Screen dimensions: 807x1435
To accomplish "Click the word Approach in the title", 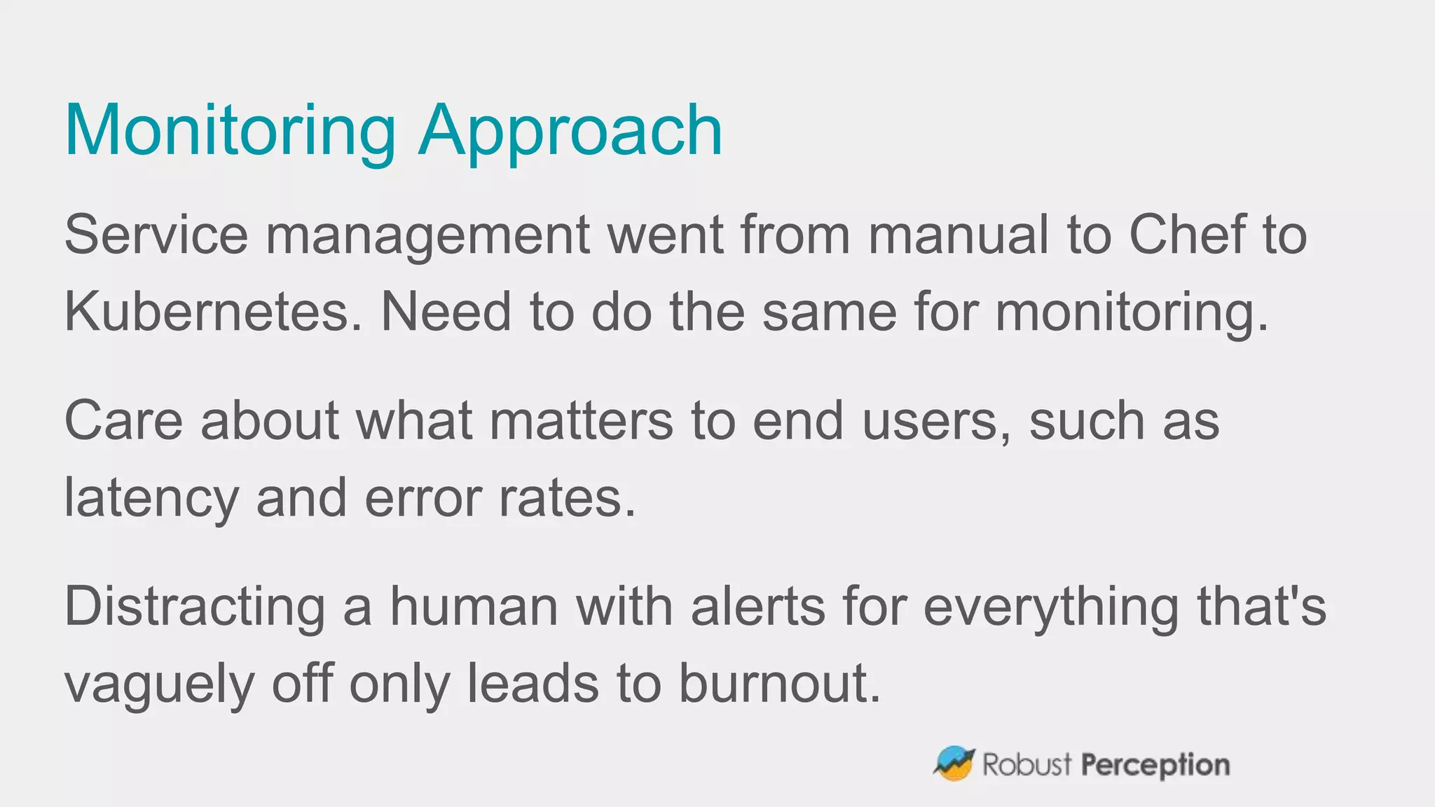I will pyautogui.click(x=570, y=131).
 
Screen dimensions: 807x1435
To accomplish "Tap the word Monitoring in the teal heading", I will pyautogui.click(x=231, y=131).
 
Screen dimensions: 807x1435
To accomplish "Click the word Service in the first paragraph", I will pyautogui.click(x=156, y=235).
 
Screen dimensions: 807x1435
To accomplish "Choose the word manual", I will pyautogui.click(x=959, y=235).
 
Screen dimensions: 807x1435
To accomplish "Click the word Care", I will pyautogui.click(x=123, y=420).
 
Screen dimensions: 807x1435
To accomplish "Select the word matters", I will pyautogui.click(x=581, y=420).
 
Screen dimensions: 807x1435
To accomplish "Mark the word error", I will pyautogui.click(x=423, y=498).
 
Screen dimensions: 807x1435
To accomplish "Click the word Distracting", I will pyautogui.click(x=195, y=607).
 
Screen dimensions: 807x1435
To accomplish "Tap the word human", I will pyautogui.click(x=474, y=607).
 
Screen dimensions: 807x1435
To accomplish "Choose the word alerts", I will pyautogui.click(x=758, y=607).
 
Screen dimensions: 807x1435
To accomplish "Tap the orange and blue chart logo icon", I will pyautogui.click(x=954, y=764).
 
